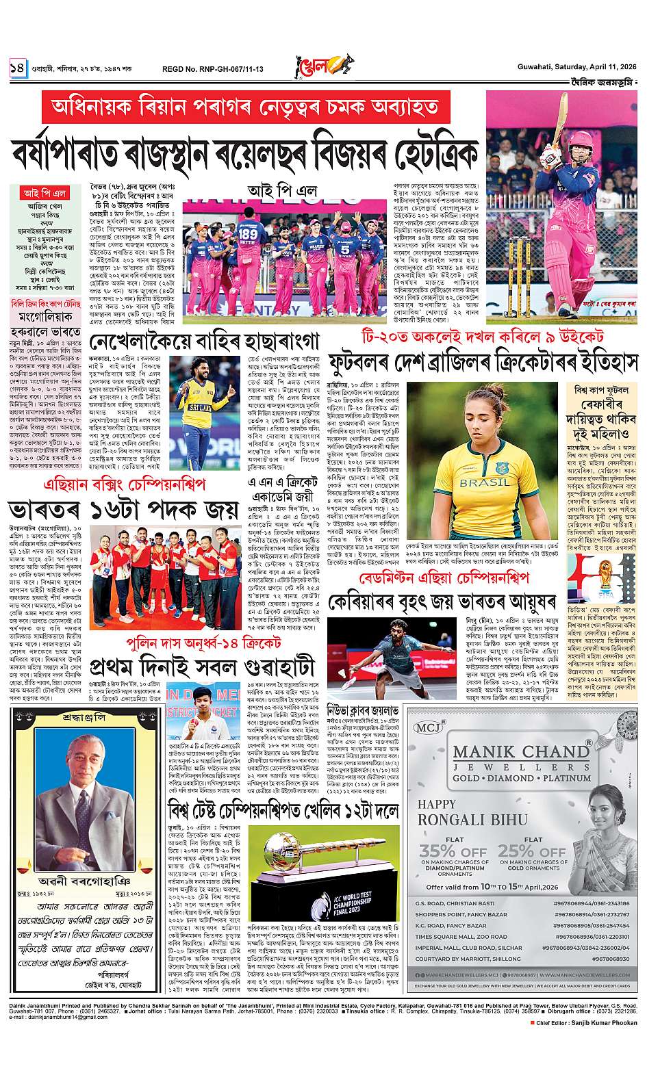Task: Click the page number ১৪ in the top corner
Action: point(16,68)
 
